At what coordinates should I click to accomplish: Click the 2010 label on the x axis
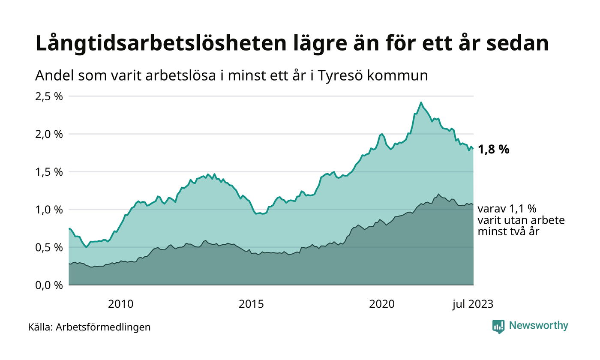coord(121,304)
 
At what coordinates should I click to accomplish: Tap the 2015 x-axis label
coord(252,304)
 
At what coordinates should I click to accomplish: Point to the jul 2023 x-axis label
coord(473,304)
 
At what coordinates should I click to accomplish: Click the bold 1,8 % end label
coord(494,150)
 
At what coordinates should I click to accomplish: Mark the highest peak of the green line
coord(421,102)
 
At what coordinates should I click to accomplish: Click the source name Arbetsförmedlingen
coord(103,327)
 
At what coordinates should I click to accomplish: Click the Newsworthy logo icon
coord(498,327)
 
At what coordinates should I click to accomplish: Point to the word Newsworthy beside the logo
coord(538,326)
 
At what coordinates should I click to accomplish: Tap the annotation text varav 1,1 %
coord(507,210)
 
